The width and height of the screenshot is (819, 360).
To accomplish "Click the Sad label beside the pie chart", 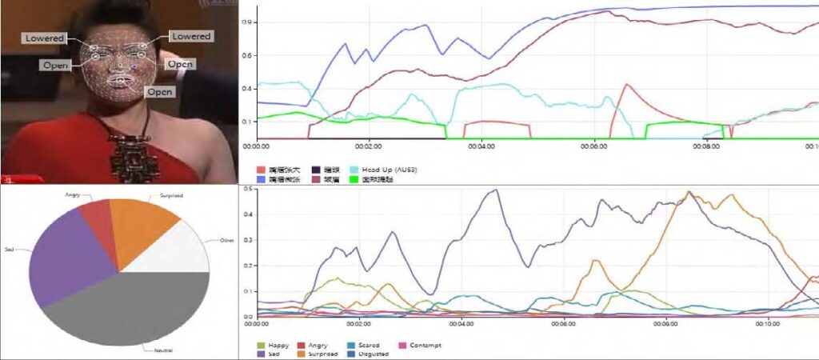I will [10, 250].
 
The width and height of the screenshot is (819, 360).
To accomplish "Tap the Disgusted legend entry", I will [371, 353].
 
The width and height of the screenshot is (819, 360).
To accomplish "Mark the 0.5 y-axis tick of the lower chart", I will [248, 189].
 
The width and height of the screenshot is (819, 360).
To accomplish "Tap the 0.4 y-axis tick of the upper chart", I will [247, 88].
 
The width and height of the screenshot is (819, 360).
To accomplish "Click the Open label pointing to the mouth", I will [159, 91].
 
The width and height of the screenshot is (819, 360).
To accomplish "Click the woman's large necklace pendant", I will [128, 156].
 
